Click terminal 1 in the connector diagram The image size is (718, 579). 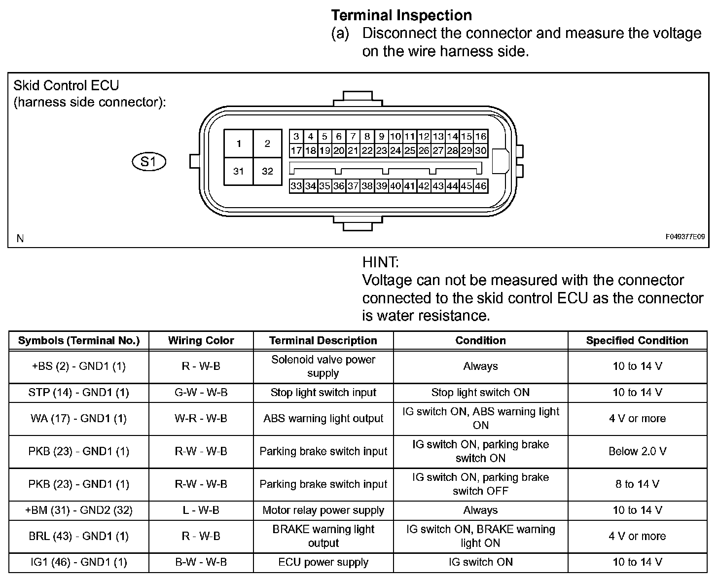pos(239,144)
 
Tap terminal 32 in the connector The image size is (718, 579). pos(267,171)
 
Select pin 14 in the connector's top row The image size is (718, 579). pos(452,137)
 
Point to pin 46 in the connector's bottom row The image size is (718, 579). pos(481,186)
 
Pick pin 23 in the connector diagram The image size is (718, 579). pos(381,151)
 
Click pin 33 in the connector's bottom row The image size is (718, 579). pos(296,186)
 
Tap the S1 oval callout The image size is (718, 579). pos(149,161)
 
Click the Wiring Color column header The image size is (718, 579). pos(201,340)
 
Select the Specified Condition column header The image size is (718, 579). pos(637,340)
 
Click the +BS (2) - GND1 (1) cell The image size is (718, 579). pos(79,366)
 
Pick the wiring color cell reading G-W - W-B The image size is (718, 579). pos(201,393)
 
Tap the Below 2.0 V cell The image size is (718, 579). pos(637,451)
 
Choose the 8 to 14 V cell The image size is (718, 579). pos(637,484)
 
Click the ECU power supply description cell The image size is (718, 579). pos(323,562)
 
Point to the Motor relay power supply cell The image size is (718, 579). pos(323,510)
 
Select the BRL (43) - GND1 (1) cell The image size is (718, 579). pos(79,536)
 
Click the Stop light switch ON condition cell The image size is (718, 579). pos(480,393)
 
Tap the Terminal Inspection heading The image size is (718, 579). pos(401,15)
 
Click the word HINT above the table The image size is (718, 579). pos(380,262)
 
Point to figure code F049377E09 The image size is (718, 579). pos(685,237)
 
